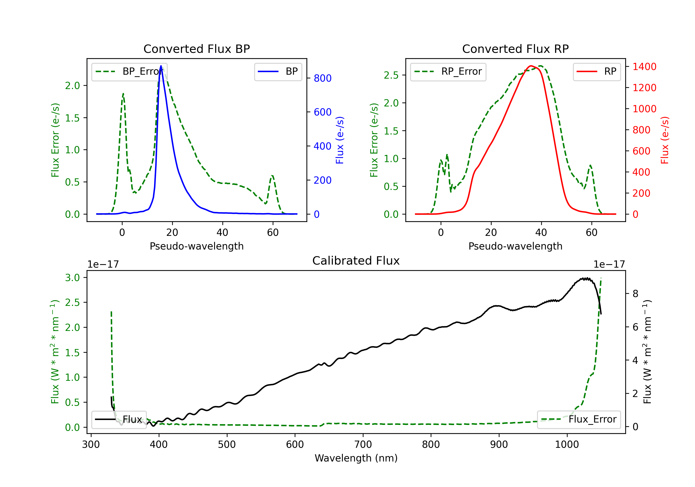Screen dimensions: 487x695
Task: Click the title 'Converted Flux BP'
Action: pyautogui.click(x=196, y=49)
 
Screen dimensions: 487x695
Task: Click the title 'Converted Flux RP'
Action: pyautogui.click(x=515, y=49)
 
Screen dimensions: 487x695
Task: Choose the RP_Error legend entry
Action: pyautogui.click(x=448, y=71)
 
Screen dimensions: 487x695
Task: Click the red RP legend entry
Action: pyautogui.click(x=597, y=71)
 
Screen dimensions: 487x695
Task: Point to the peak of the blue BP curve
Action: pyautogui.click(x=161, y=66)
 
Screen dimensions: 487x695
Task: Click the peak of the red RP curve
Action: pyautogui.click(x=531, y=66)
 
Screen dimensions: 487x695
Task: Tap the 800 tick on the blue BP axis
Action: pyautogui.click(x=322, y=78)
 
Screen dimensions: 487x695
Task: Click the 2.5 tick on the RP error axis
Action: pyautogui.click(x=391, y=75)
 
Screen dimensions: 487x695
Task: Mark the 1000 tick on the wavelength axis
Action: pyautogui.click(x=567, y=444)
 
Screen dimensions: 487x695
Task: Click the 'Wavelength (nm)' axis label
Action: pyautogui.click(x=356, y=458)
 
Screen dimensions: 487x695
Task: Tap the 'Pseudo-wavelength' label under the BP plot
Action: pyautogui.click(x=196, y=246)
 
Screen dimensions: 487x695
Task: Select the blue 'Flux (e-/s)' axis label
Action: pyautogui.click(x=340, y=140)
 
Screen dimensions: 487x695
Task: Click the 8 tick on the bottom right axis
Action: pyautogui.click(x=635, y=293)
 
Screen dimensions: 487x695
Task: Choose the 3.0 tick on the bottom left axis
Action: pyautogui.click(x=72, y=278)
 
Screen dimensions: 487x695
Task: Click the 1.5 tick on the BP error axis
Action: pyautogui.click(x=72, y=118)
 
